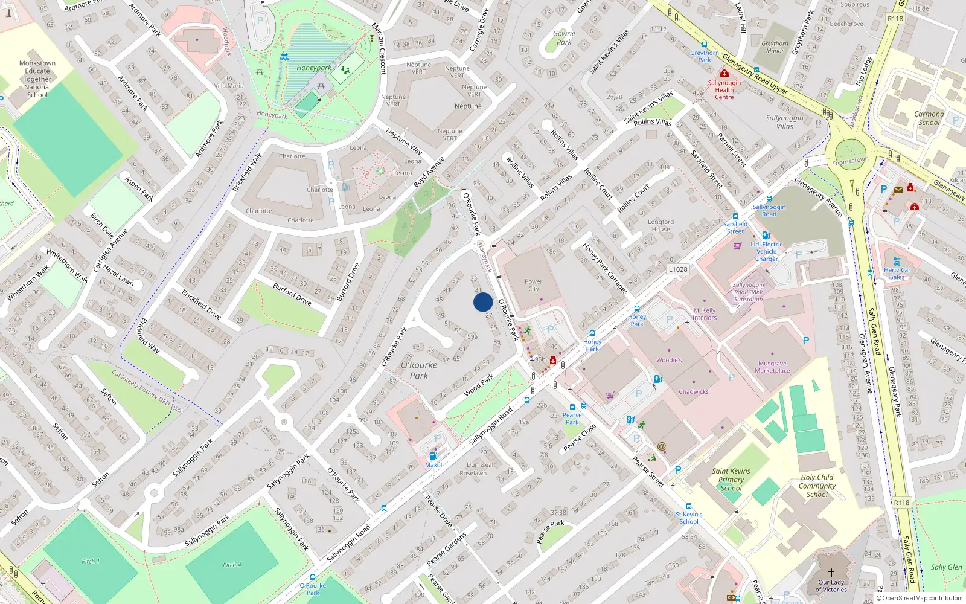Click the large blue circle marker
(483, 302)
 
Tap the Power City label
(534, 285)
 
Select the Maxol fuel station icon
(432, 456)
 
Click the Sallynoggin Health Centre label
(724, 90)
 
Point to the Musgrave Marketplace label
(772, 367)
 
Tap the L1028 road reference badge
(678, 269)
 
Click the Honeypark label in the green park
(313, 68)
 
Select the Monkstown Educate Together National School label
(37, 79)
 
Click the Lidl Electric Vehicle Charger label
(767, 252)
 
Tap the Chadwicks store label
(694, 392)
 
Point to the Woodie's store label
(669, 360)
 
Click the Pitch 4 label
(229, 565)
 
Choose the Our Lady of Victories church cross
(831, 572)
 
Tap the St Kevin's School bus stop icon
(688, 506)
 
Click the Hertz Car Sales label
(897, 274)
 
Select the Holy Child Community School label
(817, 486)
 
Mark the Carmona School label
(929, 118)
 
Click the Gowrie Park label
(564, 38)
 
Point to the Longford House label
(661, 225)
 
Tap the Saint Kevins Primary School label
(731, 480)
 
